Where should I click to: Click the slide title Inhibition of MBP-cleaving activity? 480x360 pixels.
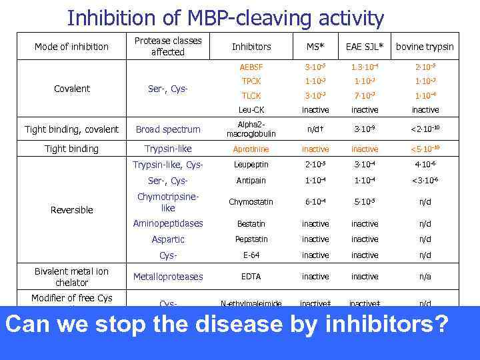click(x=225, y=17)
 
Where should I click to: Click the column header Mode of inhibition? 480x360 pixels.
click(x=71, y=47)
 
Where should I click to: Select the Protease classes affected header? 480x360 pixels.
click(x=168, y=47)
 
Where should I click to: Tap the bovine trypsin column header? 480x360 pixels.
click(x=425, y=47)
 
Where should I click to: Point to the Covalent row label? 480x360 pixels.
click(x=71, y=89)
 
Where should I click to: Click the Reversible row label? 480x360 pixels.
click(x=71, y=210)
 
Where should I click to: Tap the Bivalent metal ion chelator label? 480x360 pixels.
click(x=71, y=277)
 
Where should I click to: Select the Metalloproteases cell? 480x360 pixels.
click(x=168, y=277)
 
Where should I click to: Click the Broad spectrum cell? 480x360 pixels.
click(x=168, y=129)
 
